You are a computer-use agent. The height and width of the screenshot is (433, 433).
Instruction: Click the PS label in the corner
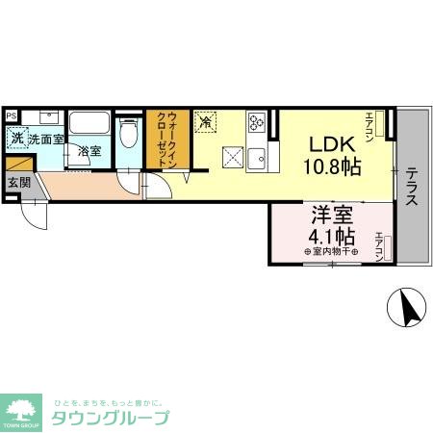click(x=12, y=115)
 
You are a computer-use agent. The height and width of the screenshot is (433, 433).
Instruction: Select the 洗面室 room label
click(x=45, y=140)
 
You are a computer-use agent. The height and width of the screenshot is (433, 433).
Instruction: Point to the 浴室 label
click(x=90, y=151)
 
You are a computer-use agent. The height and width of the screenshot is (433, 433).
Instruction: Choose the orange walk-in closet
click(x=165, y=140)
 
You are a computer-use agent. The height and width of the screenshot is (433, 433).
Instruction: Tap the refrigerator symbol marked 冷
click(x=205, y=121)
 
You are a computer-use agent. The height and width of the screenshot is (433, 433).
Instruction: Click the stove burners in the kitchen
click(x=257, y=123)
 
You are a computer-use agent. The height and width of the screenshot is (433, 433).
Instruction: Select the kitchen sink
click(x=256, y=157)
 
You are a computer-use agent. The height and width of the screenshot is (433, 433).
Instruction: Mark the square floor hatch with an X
click(x=232, y=156)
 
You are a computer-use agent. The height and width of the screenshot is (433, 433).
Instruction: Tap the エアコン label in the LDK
click(x=369, y=122)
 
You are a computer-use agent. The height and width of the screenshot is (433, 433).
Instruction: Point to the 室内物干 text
click(x=331, y=253)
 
